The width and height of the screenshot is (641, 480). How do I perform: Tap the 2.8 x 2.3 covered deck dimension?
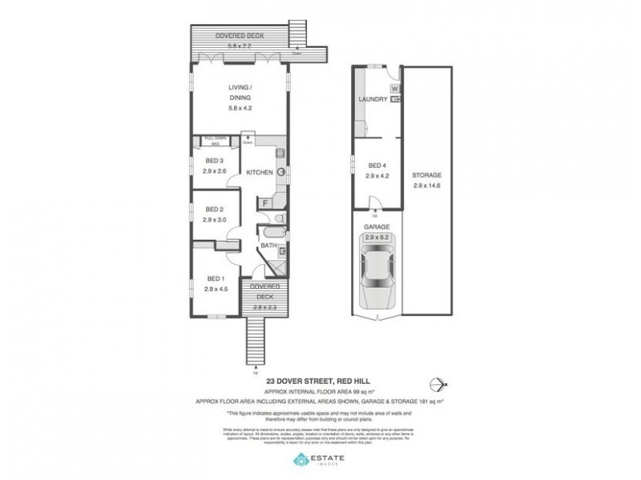point(264,306)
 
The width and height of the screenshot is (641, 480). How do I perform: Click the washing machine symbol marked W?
point(395,88)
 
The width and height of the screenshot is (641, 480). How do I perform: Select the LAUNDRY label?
point(374,100)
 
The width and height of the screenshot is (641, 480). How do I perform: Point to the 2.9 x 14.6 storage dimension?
point(427,185)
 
